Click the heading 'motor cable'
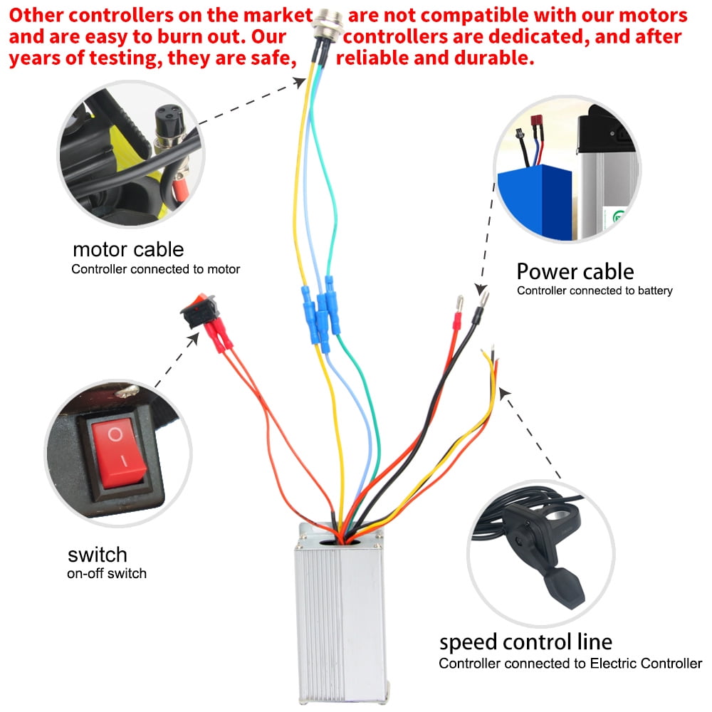tap(128, 250)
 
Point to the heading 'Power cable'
tap(575, 271)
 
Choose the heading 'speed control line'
tap(525, 642)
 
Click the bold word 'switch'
tap(98, 554)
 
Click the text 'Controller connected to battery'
tap(595, 290)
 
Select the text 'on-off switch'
tap(107, 573)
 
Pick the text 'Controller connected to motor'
tap(155, 269)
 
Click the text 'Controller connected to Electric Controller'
tap(570, 664)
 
